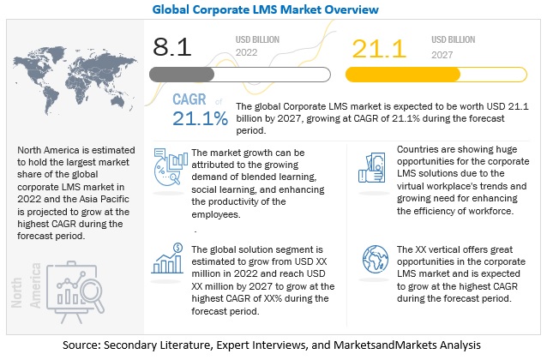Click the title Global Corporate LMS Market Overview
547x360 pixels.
[273, 11]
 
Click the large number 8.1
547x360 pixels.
[172, 46]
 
